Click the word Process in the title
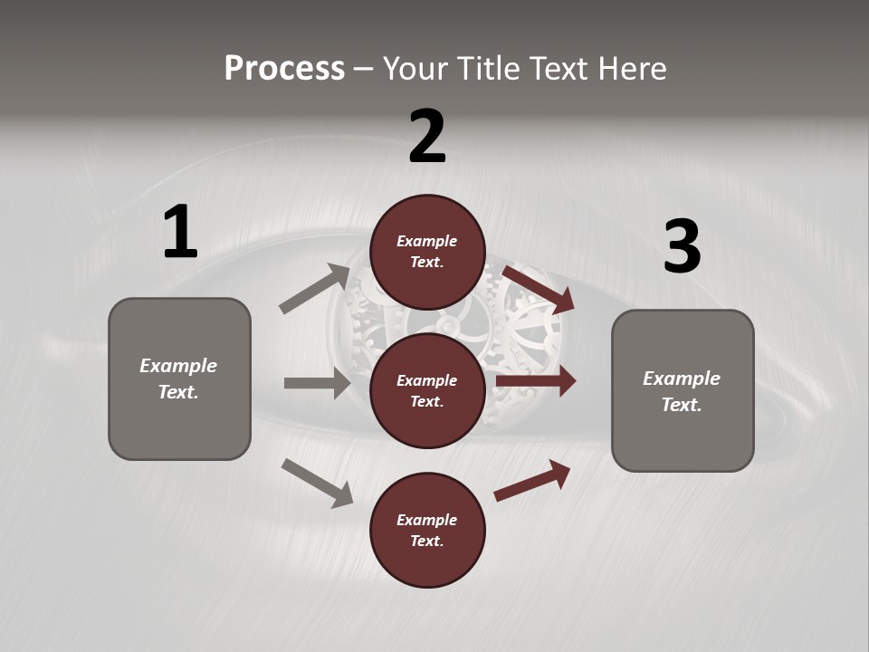tap(284, 69)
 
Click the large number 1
tap(180, 233)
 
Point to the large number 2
tap(427, 137)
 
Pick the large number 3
tap(682, 246)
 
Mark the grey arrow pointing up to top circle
tap(315, 289)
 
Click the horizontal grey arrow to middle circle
tap(317, 383)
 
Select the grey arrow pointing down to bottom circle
tap(317, 483)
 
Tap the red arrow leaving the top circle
tap(540, 289)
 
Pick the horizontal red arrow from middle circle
tap(536, 381)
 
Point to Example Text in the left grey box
tap(178, 379)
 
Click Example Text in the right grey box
tap(682, 391)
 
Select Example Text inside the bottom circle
tap(427, 530)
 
